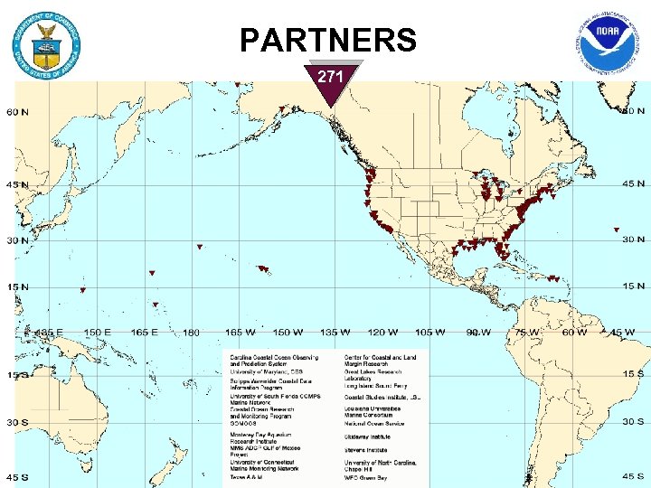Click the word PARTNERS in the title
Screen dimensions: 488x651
point(328,41)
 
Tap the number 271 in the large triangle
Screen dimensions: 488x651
point(331,78)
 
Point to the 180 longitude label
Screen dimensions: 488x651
point(190,333)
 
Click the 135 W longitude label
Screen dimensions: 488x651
point(333,333)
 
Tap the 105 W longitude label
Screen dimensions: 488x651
point(429,333)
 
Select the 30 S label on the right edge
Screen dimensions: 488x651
point(632,422)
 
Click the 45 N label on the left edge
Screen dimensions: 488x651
point(17,184)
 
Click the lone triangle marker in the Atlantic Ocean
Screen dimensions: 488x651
point(616,230)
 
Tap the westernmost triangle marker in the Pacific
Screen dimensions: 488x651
point(82,290)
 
